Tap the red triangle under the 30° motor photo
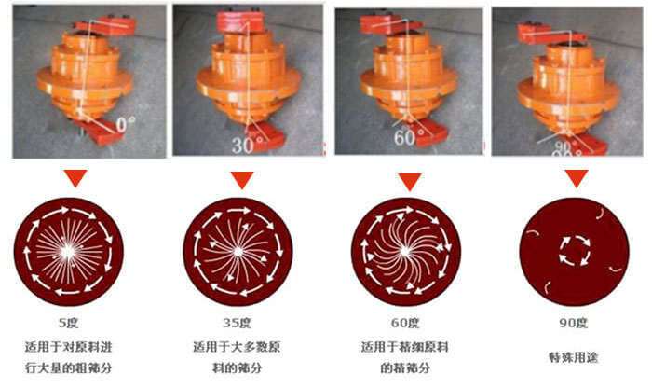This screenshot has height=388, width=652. (242, 179)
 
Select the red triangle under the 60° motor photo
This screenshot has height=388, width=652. (408, 181)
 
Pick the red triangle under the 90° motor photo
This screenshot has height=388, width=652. (577, 177)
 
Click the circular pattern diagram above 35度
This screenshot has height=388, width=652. (238, 250)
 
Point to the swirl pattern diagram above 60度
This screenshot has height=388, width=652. (406, 252)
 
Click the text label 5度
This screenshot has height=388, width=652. (69, 324)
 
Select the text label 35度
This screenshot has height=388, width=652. (238, 324)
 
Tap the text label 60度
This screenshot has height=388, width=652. (406, 324)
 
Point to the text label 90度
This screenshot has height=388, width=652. (573, 324)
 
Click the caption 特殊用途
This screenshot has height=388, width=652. (573, 355)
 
